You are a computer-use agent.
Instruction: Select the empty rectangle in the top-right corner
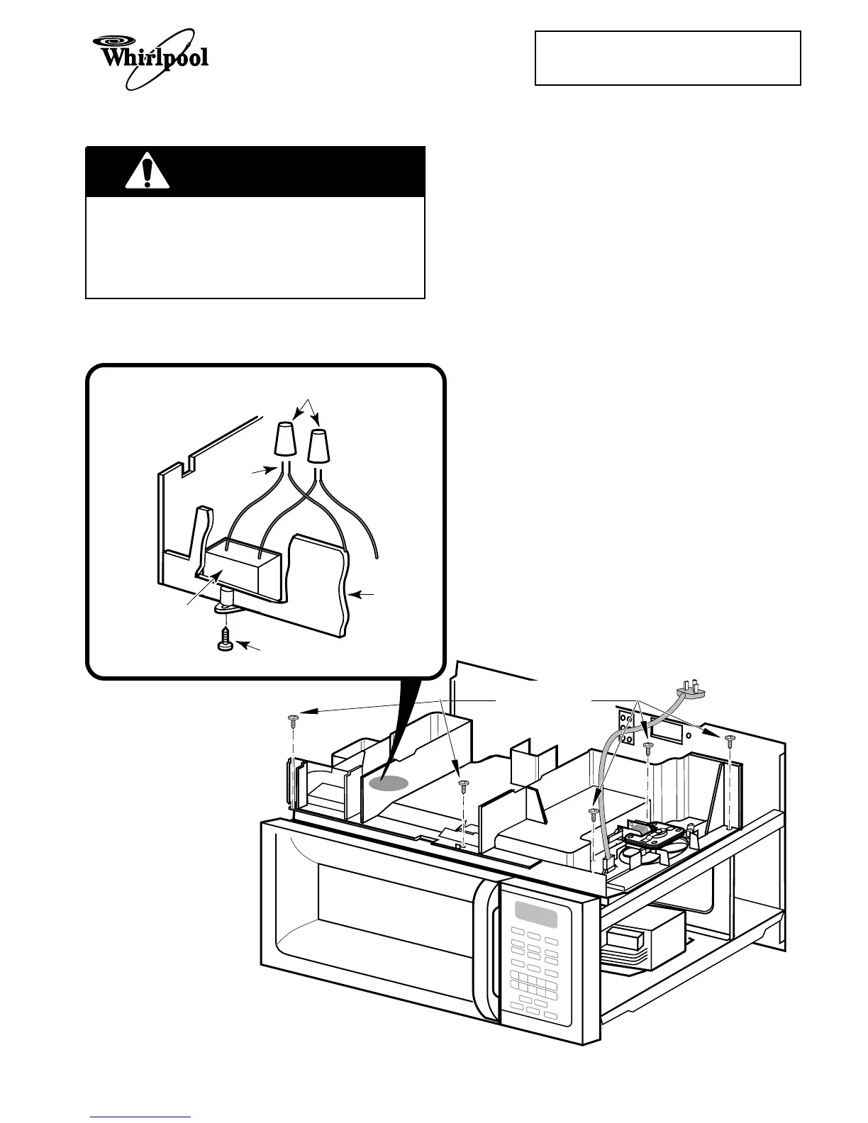point(667,58)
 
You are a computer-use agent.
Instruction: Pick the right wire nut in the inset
point(319,447)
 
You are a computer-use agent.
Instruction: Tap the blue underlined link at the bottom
point(140,1117)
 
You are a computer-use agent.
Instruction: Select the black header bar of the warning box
point(255,172)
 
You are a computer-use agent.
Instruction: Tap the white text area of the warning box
point(255,247)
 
